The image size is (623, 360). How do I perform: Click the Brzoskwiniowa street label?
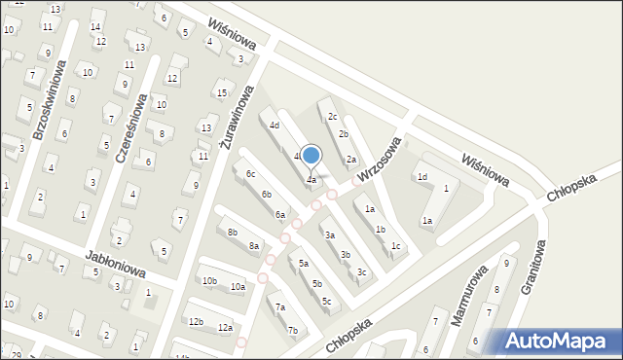48,101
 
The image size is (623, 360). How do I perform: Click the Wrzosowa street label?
379,158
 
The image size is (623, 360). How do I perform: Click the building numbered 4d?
275,126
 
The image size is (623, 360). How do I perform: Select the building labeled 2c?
332,116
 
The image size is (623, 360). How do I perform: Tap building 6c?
250,173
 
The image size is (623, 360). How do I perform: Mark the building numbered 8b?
232,233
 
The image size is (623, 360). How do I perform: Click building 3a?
330,234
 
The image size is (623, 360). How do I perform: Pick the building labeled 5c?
327,301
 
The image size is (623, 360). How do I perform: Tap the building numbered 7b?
292,330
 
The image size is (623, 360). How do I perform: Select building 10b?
209,281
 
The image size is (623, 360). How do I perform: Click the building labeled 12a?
225,328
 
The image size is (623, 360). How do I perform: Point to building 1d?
422,177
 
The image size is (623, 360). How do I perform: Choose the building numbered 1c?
395,246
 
